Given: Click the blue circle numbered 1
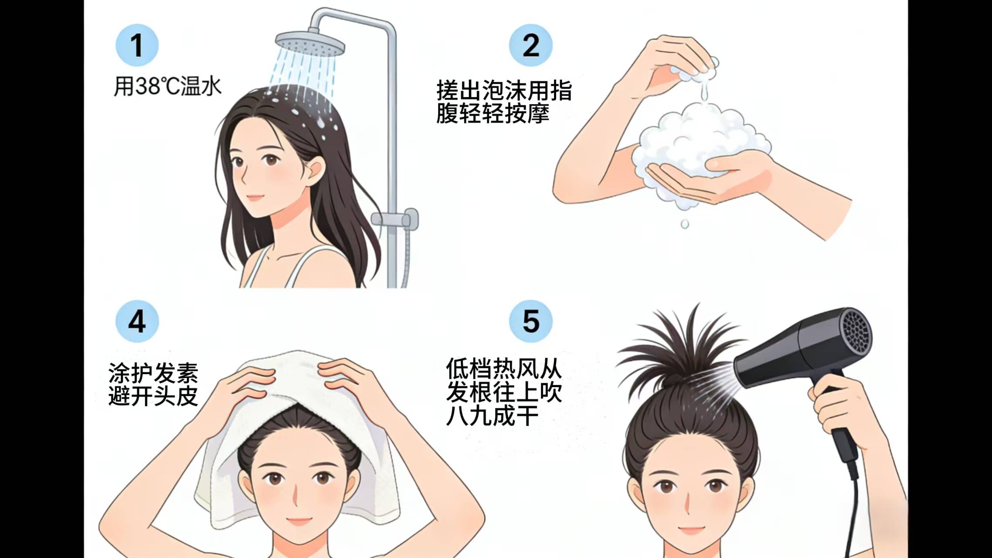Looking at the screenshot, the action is tap(137, 45).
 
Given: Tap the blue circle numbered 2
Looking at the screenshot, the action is tap(530, 45).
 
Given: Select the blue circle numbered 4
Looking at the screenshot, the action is tap(137, 321).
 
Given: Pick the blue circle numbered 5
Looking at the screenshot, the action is tap(530, 321).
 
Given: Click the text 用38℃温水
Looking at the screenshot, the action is tap(167, 86).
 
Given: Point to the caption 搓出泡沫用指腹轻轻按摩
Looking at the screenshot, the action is tap(504, 102).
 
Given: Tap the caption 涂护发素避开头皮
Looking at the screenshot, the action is tap(153, 384).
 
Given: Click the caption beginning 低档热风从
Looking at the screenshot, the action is tap(504, 391).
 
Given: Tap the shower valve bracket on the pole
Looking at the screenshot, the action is tap(395, 219).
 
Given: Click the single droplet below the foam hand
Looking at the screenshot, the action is tap(685, 224).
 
